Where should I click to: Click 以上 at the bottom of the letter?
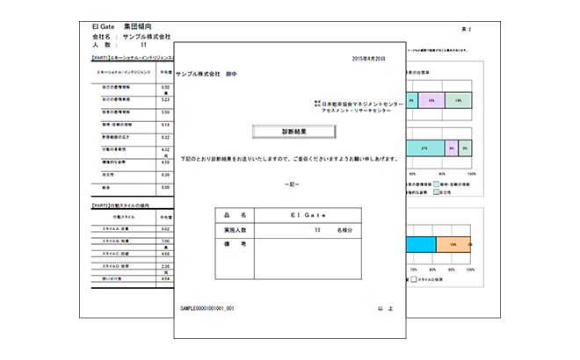(x=382, y=309)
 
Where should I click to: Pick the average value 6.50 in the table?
(x=164, y=88)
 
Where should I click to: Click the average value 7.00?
(x=164, y=240)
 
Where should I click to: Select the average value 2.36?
(x=164, y=265)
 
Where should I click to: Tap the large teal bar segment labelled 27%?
(x=424, y=149)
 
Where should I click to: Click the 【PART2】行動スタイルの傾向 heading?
(x=123, y=203)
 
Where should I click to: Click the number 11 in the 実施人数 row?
(x=317, y=229)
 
